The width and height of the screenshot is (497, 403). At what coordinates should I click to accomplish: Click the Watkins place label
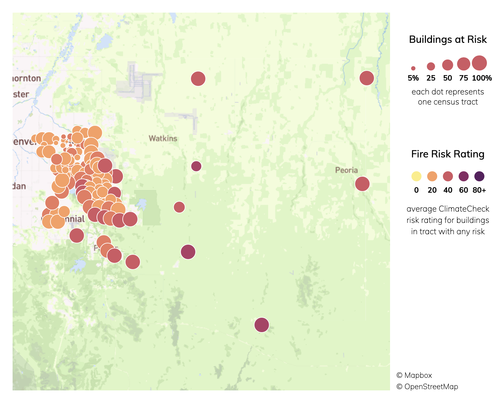coord(163,139)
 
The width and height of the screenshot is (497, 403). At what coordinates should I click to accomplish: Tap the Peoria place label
coord(346,170)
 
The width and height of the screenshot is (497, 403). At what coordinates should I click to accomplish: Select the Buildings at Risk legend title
coord(448,39)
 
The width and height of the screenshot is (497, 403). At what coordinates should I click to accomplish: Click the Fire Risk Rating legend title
coord(448,154)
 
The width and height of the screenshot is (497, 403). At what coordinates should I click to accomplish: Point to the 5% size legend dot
coord(413,68)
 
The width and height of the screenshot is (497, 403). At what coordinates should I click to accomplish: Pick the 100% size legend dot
coord(479,63)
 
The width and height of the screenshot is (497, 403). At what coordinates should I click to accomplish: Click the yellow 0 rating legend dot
coord(416,176)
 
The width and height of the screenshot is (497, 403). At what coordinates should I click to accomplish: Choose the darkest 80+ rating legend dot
coord(479,176)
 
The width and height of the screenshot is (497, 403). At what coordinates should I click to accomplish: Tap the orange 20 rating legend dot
coord(432,176)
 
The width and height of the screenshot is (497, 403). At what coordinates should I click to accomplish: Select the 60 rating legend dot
coord(463,176)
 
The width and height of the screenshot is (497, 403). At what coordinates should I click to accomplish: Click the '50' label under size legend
coord(447,78)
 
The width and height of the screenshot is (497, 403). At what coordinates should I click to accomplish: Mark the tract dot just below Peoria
coord(362,184)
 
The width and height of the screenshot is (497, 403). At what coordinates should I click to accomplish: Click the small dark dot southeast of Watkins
coord(196,166)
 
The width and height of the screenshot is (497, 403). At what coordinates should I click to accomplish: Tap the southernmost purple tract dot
coord(261,325)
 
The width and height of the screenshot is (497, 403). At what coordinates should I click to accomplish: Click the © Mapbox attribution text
coord(414,375)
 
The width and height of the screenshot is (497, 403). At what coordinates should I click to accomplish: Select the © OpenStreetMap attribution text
coord(427,387)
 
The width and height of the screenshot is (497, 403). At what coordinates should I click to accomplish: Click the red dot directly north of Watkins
coord(198,78)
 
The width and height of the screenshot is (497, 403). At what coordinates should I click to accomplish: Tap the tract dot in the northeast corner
coord(366,78)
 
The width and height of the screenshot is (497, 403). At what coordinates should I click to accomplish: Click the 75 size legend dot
coord(463,64)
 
